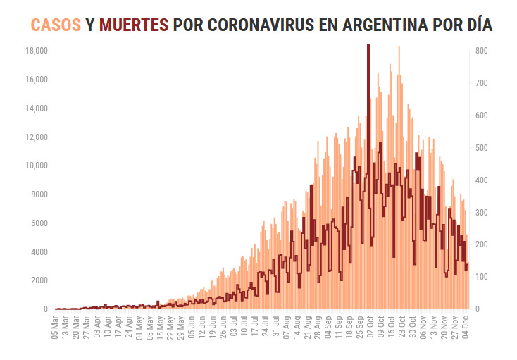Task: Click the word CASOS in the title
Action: click(x=56, y=25)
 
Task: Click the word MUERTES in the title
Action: click(x=134, y=25)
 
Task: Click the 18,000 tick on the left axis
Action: click(x=37, y=51)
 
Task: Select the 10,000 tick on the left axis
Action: click(x=37, y=166)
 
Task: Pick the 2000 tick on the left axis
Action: click(x=39, y=280)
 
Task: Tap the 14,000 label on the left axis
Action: click(x=37, y=108)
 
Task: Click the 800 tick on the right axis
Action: click(x=482, y=51)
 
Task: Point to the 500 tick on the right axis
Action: click(x=482, y=148)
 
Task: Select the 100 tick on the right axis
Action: click(x=482, y=277)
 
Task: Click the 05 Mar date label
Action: click(x=56, y=328)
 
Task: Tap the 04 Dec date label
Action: click(x=466, y=328)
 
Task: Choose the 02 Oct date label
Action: click(x=369, y=328)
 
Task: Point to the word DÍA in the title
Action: click(x=475, y=25)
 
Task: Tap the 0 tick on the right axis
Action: click(x=478, y=309)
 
